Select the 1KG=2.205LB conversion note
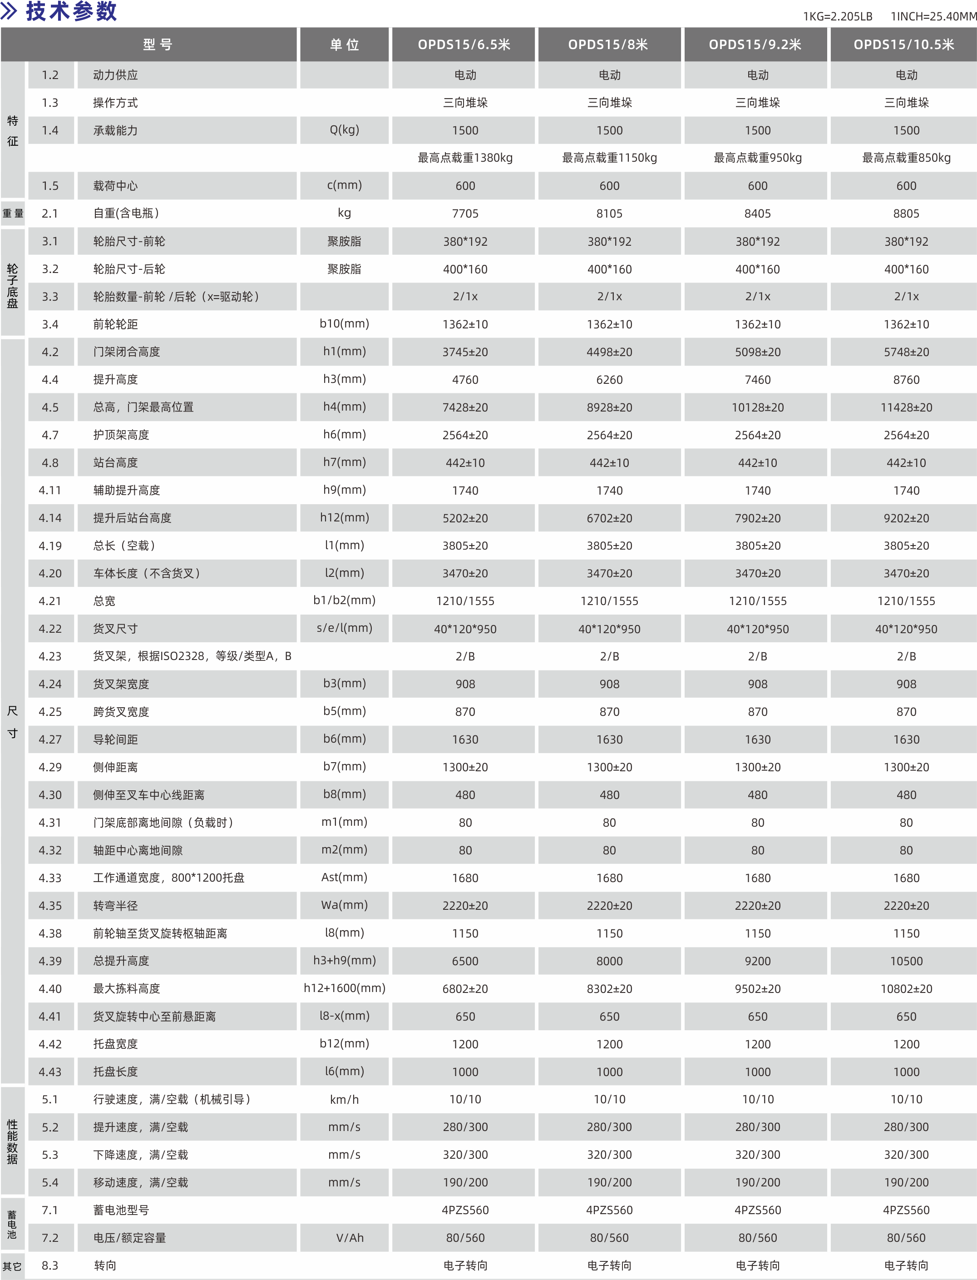(x=838, y=16)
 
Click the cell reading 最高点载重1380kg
(x=465, y=158)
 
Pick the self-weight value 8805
(x=906, y=213)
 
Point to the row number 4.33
(x=50, y=878)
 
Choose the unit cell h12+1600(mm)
(x=344, y=988)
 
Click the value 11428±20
(x=906, y=407)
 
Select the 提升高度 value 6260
(x=609, y=380)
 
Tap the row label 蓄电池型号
(x=121, y=1210)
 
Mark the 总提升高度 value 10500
(x=906, y=961)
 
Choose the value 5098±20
(x=758, y=352)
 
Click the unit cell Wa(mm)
(x=344, y=905)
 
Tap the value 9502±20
(x=758, y=988)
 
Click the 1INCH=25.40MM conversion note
(x=933, y=16)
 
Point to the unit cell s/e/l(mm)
(x=344, y=628)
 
